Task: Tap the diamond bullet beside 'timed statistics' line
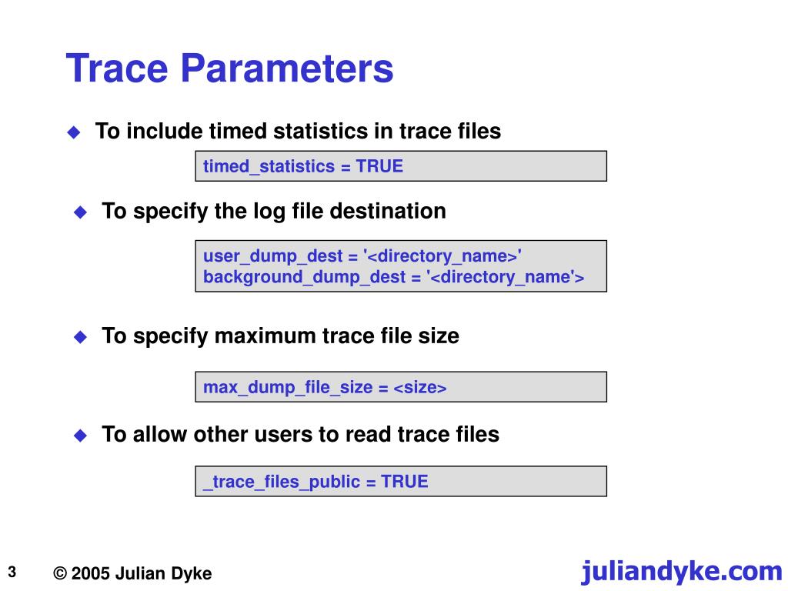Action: (74, 132)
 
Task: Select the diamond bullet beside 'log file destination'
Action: (80, 212)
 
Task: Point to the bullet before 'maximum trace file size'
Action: (80, 337)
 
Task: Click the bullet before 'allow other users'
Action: (80, 436)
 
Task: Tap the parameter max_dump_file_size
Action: (288, 388)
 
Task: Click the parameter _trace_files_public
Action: (282, 482)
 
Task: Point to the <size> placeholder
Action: (420, 388)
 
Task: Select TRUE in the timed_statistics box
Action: (379, 166)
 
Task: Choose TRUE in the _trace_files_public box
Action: (405, 482)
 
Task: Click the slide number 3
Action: (13, 572)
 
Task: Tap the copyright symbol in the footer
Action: (61, 574)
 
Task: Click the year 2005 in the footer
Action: (92, 574)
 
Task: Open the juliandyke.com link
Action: (681, 571)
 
